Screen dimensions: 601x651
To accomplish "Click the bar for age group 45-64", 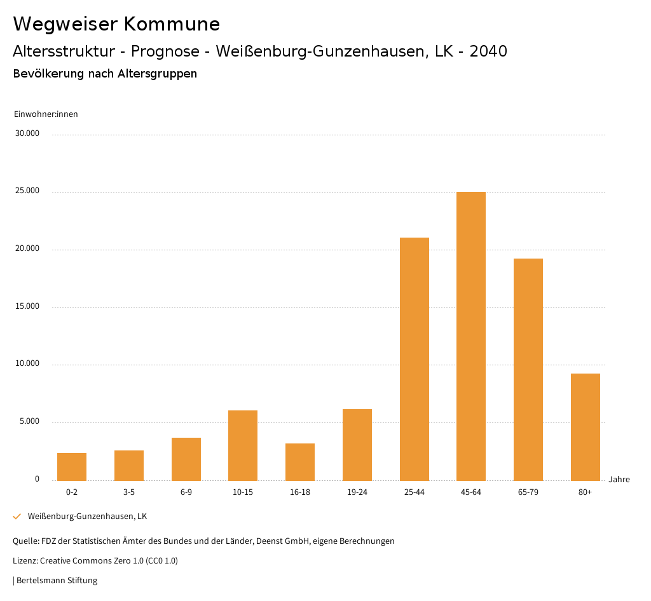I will pyautogui.click(x=471, y=336).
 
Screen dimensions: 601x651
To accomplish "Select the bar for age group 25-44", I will pyautogui.click(x=414, y=359).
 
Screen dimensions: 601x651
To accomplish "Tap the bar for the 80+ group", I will pyautogui.click(x=585, y=427).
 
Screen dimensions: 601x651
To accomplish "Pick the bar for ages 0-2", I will pyautogui.click(x=72, y=467).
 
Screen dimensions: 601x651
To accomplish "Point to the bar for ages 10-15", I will pyautogui.click(x=243, y=445).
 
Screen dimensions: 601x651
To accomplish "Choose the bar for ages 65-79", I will pyautogui.click(x=528, y=369).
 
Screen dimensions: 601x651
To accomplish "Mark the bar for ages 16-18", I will pyautogui.click(x=300, y=462).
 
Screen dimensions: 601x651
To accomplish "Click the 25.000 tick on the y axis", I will pyautogui.click(x=29, y=191).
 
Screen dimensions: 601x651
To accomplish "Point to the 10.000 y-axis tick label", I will pyautogui.click(x=29, y=364).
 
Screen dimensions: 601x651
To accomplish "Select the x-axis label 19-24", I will pyautogui.click(x=357, y=492).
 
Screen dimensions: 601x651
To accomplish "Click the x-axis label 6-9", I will pyautogui.click(x=186, y=492).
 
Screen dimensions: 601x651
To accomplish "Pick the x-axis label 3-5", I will pyautogui.click(x=129, y=492).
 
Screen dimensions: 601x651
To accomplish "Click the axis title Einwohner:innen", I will pyautogui.click(x=46, y=114).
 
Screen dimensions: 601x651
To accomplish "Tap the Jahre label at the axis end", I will pyautogui.click(x=619, y=480).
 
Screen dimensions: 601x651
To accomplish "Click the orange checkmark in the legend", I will pyautogui.click(x=17, y=517).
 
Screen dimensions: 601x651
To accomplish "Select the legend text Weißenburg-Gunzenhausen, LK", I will pyautogui.click(x=87, y=517).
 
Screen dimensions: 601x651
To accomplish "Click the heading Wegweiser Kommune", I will pyautogui.click(x=116, y=24).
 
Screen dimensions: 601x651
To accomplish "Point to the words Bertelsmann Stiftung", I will pyautogui.click(x=57, y=581).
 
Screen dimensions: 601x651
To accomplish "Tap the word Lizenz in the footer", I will pyautogui.click(x=25, y=561).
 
